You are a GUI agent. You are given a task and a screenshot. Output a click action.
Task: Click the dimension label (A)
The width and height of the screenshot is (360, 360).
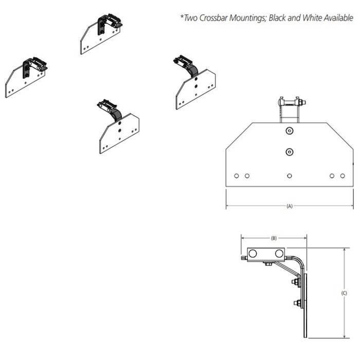point(290,206)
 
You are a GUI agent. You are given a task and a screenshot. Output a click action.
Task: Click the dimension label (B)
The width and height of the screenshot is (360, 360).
point(274,238)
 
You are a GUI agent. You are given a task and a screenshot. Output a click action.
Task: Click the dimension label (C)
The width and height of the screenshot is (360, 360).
point(344,293)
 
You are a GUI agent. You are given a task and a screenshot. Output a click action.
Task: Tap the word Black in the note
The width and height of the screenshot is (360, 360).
point(277,17)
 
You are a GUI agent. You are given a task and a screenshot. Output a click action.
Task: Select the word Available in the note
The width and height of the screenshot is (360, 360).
point(338,17)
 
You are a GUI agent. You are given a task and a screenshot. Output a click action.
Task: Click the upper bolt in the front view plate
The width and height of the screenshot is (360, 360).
point(290,131)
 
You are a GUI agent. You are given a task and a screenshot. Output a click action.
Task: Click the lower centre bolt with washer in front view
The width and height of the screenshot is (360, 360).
point(290,152)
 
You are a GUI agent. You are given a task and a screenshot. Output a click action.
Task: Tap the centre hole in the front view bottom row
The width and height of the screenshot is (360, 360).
point(290,176)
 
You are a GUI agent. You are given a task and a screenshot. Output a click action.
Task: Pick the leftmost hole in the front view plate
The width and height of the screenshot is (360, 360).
point(236,176)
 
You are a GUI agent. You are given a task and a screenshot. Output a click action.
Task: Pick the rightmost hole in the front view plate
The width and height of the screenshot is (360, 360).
point(343,176)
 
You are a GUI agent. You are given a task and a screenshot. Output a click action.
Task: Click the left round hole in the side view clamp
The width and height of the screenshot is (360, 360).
point(253,254)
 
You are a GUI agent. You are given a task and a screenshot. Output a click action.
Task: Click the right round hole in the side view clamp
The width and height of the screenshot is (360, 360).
point(279,254)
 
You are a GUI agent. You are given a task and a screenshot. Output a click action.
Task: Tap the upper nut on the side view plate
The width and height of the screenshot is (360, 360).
point(295,281)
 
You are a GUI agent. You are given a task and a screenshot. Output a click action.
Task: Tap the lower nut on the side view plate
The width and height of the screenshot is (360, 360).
point(297,303)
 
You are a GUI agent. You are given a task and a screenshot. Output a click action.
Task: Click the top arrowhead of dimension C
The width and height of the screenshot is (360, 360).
point(344,250)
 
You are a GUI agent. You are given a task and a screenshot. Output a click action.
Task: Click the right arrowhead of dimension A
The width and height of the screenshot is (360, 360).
point(351,206)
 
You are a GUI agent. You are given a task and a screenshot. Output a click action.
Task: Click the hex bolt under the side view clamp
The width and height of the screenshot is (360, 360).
point(268,264)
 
